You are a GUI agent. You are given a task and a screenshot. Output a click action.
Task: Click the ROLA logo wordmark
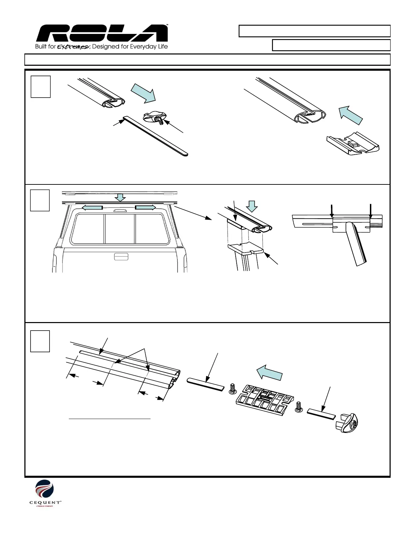tap(102, 34)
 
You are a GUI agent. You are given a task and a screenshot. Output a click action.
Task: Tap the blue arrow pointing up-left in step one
tap(351, 115)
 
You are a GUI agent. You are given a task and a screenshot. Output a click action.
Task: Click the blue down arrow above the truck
tap(120, 197)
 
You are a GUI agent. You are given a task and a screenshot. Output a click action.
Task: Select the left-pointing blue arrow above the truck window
tap(93, 207)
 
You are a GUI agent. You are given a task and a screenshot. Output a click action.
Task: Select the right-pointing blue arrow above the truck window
tap(146, 207)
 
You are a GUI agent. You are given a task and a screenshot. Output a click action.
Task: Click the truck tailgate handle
tap(121, 256)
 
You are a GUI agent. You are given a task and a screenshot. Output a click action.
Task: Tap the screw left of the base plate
tap(232, 389)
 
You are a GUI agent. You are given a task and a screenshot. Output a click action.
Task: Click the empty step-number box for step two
tap(40, 200)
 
